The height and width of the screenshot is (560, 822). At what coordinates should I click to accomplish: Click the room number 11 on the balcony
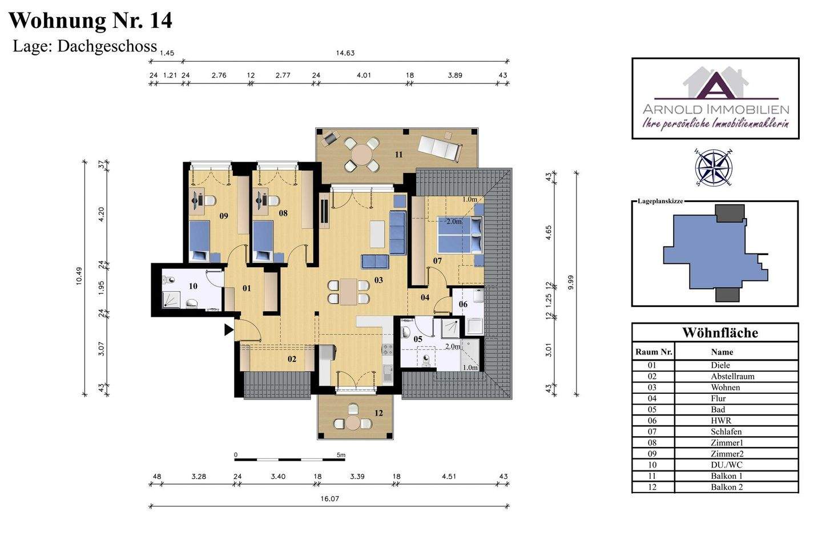pyautogui.click(x=398, y=155)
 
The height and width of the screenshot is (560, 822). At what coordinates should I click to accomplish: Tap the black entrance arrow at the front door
pyautogui.click(x=228, y=330)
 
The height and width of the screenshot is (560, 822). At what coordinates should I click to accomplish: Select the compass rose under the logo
pyautogui.click(x=714, y=167)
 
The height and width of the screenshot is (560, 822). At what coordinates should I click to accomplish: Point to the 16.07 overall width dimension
pyautogui.click(x=329, y=499)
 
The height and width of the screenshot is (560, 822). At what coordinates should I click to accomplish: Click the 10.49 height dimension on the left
pyautogui.click(x=79, y=276)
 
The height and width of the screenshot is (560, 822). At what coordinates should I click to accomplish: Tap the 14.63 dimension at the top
pyautogui.click(x=345, y=53)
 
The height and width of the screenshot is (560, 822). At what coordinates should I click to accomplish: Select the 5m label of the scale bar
pyautogui.click(x=341, y=455)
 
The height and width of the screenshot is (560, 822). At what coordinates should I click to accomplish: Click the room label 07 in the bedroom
pyautogui.click(x=437, y=261)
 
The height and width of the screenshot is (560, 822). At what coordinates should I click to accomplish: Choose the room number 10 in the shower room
pyautogui.click(x=193, y=286)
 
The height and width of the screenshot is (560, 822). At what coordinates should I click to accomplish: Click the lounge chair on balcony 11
pyautogui.click(x=440, y=148)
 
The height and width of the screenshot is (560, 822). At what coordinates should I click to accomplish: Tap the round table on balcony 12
pyautogui.click(x=353, y=422)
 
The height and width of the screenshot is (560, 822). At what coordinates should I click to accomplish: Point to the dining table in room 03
pyautogui.click(x=348, y=292)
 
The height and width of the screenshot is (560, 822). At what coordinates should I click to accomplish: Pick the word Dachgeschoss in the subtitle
pyautogui.click(x=107, y=47)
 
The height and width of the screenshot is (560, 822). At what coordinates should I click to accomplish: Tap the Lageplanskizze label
pyautogui.click(x=660, y=201)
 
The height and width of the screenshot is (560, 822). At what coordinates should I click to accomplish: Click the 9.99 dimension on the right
pyautogui.click(x=570, y=283)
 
